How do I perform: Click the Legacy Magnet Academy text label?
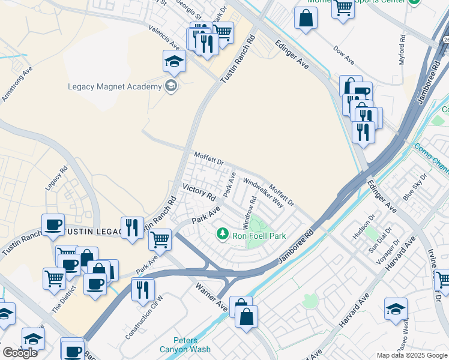115,86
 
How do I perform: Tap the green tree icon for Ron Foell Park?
223,232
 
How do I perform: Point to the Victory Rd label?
199,192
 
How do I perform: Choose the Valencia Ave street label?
167,39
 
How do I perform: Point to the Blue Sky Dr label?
415,187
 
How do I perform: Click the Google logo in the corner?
20,353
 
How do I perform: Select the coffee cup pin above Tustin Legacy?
53,224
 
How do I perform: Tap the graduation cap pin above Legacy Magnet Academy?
174,61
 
